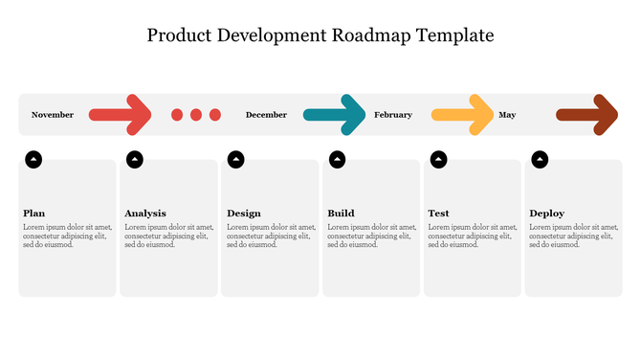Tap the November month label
pos(53,115)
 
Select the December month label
pos(266,115)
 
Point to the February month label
pos(393,115)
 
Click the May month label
pos(507,115)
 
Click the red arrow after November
pos(121,115)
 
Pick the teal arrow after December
pos(335,115)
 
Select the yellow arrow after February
pos(462,115)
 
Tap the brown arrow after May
pos(587,115)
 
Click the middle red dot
pos(196,115)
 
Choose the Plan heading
pos(34,214)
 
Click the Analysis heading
pos(145,214)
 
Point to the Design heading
pos(244,214)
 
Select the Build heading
pos(341,214)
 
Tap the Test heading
pos(438,214)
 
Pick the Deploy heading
pos(546,214)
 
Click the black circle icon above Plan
pos(33,159)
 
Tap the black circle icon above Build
pos(338,159)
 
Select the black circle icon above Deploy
pos(541,159)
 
